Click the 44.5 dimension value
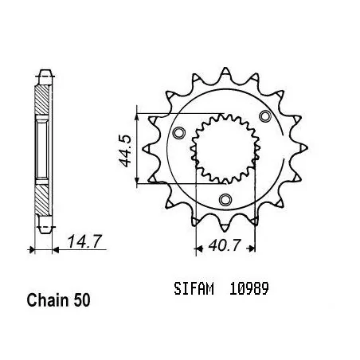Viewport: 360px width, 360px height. pos(124,151)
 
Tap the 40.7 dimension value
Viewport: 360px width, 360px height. pos(225,245)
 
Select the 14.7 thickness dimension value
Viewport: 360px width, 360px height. pos(84,241)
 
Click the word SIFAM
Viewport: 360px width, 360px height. pos(194,289)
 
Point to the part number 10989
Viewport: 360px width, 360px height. pos(249,289)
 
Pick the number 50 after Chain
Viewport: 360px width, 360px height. pos(82,300)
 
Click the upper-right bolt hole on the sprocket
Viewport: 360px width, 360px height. pos(265,116)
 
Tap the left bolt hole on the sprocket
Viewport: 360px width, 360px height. pos(178,132)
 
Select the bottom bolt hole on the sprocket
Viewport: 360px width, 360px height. pos(225,199)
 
